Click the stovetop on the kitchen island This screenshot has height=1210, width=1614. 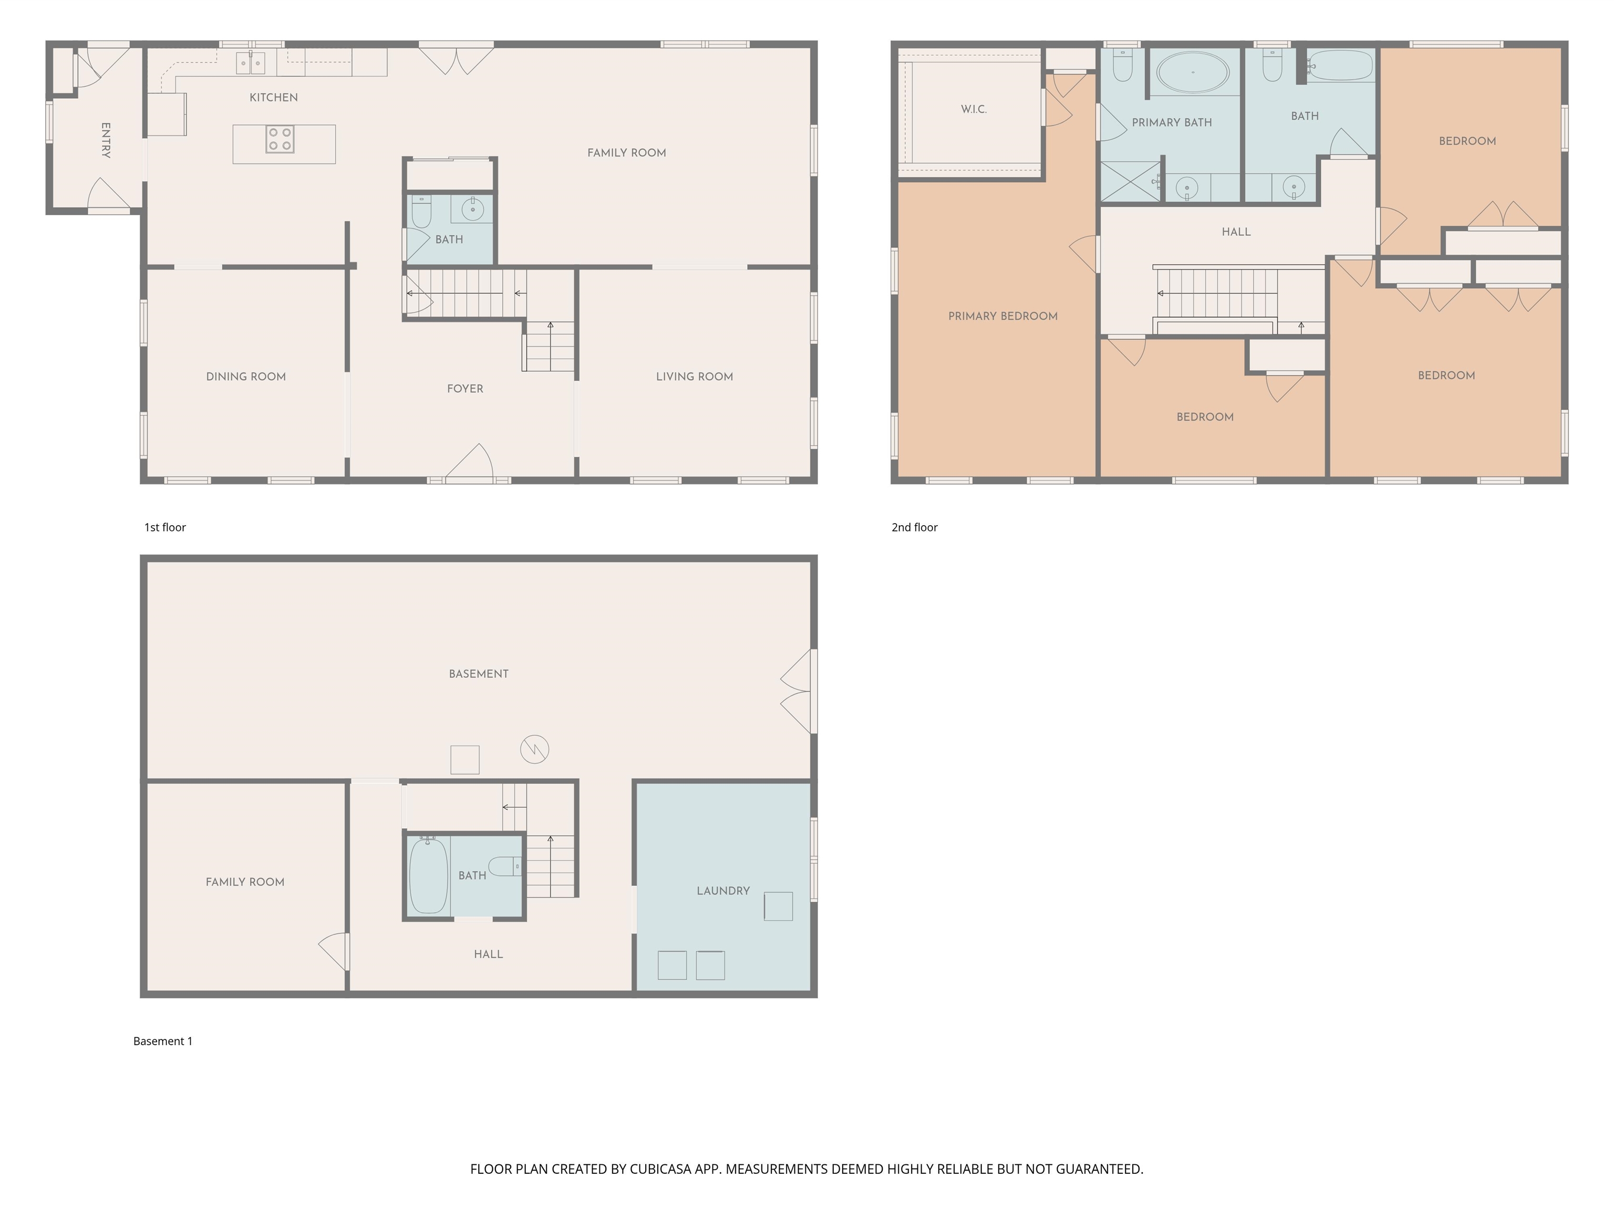tap(280, 139)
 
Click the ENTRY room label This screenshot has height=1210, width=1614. tap(106, 140)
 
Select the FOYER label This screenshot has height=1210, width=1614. tap(465, 389)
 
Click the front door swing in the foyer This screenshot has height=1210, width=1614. tap(471, 462)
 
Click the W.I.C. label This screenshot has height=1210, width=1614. tap(974, 109)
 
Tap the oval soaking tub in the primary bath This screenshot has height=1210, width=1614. tap(1193, 72)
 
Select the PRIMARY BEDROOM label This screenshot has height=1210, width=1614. tap(1002, 316)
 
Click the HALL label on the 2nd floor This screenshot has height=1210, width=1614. tap(1236, 232)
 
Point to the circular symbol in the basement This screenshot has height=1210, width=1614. tap(534, 749)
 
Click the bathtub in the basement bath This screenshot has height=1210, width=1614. tap(428, 875)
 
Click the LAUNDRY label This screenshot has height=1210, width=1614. tap(723, 891)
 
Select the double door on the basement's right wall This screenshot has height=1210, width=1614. tap(798, 692)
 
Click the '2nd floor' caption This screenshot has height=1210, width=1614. tap(914, 527)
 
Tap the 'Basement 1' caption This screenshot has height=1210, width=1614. tap(163, 1041)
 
